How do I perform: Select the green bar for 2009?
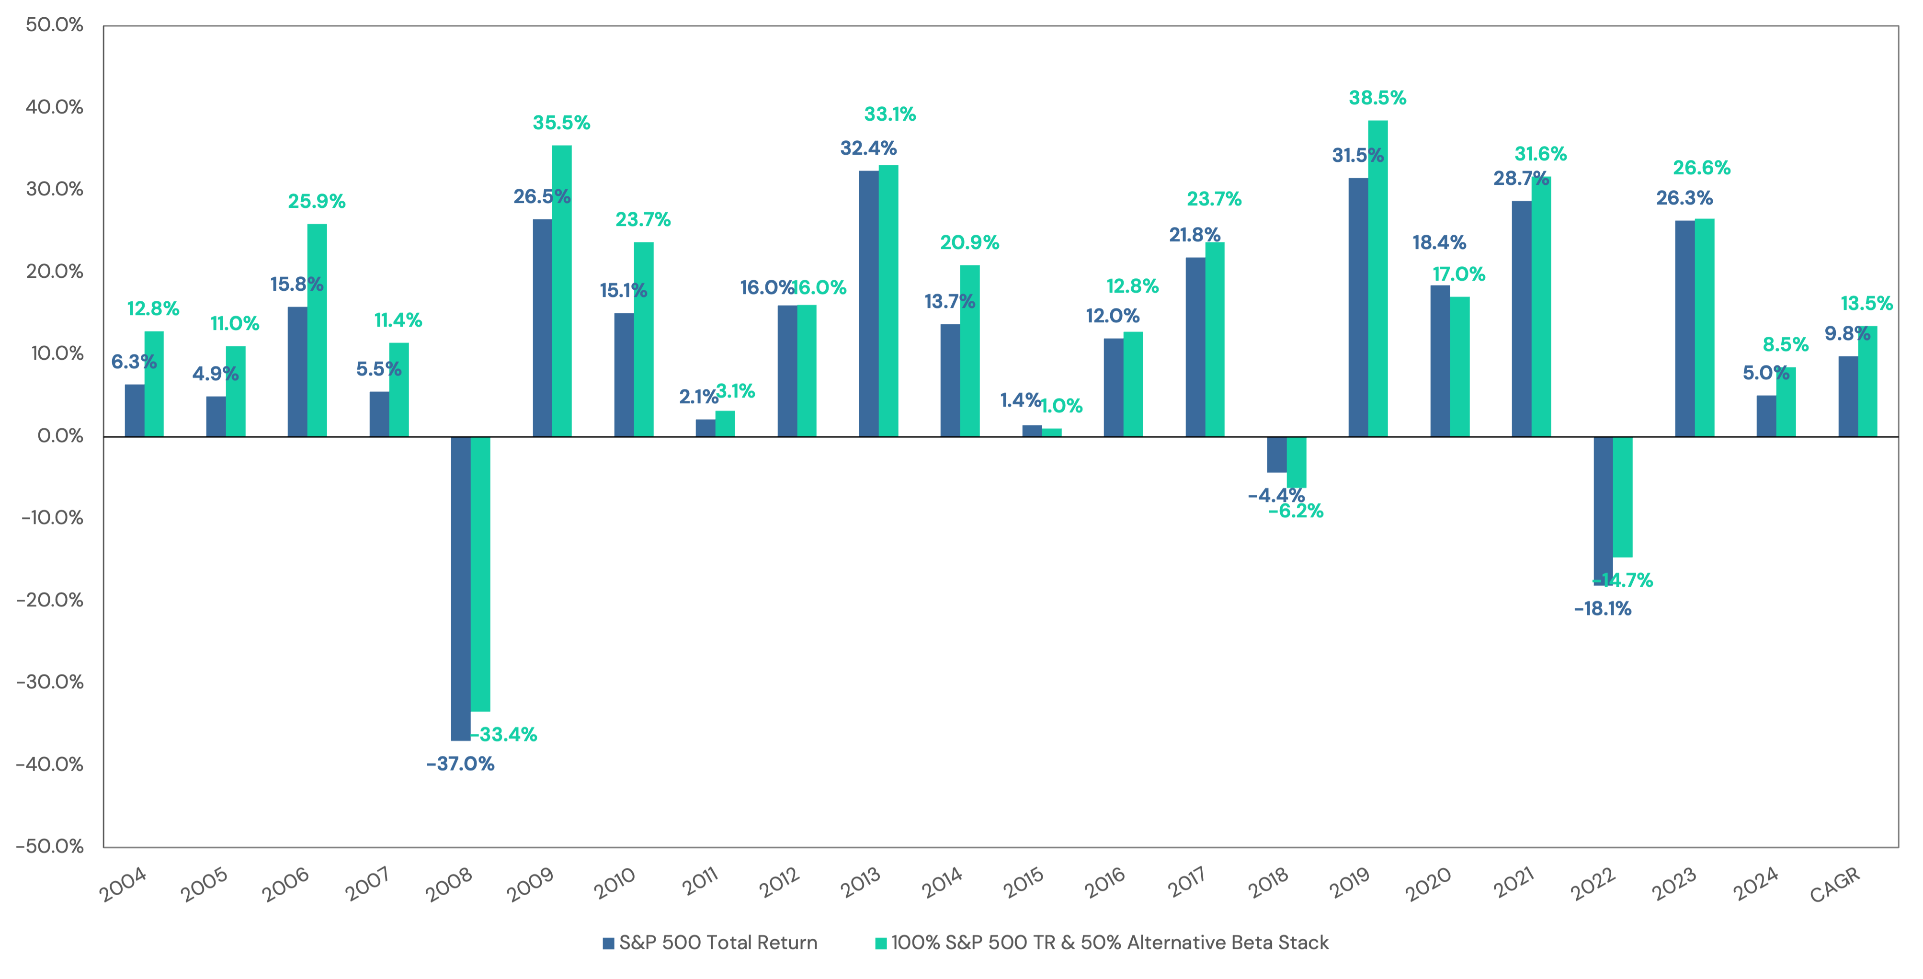click(x=561, y=291)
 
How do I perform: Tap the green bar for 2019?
click(x=1377, y=278)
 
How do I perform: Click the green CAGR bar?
click(x=1867, y=381)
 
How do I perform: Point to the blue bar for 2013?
click(x=868, y=303)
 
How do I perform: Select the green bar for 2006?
click(x=317, y=330)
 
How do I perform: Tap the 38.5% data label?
click(x=1377, y=98)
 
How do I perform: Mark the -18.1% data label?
click(x=1603, y=609)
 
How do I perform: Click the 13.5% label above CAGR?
click(x=1866, y=303)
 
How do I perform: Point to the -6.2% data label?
click(x=1296, y=512)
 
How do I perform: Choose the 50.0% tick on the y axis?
click(x=54, y=24)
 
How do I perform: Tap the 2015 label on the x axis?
click(x=1023, y=883)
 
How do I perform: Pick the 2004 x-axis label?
click(x=123, y=885)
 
